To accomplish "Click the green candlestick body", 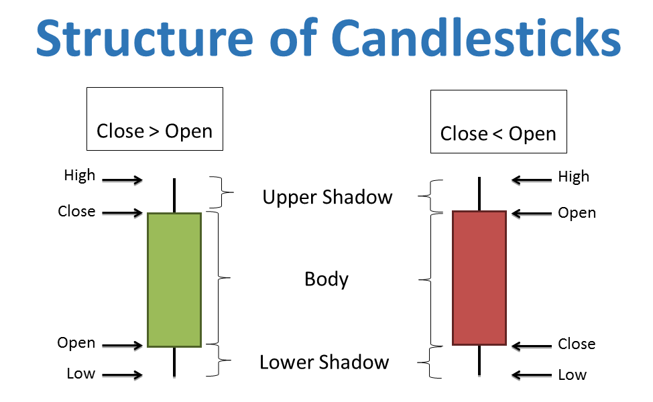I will click(x=174, y=279).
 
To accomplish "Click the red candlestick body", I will click(x=479, y=278).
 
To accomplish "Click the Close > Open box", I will click(x=154, y=119).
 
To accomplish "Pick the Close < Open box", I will click(x=498, y=121).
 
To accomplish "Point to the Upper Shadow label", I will click(x=327, y=197).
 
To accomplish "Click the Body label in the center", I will click(x=326, y=279).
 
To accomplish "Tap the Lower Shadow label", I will click(x=324, y=362).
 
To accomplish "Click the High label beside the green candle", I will click(x=80, y=176).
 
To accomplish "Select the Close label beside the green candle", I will click(x=76, y=212).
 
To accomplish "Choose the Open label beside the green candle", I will click(x=76, y=343).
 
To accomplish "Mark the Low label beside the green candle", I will click(x=80, y=373).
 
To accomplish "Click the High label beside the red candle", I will click(x=574, y=177).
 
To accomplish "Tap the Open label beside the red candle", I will click(x=577, y=213).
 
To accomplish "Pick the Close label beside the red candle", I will click(x=577, y=344).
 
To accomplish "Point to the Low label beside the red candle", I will click(x=573, y=375).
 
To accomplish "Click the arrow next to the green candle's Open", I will click(x=123, y=346).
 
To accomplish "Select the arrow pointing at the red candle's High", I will click(x=530, y=180).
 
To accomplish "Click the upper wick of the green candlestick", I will click(x=174, y=195).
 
